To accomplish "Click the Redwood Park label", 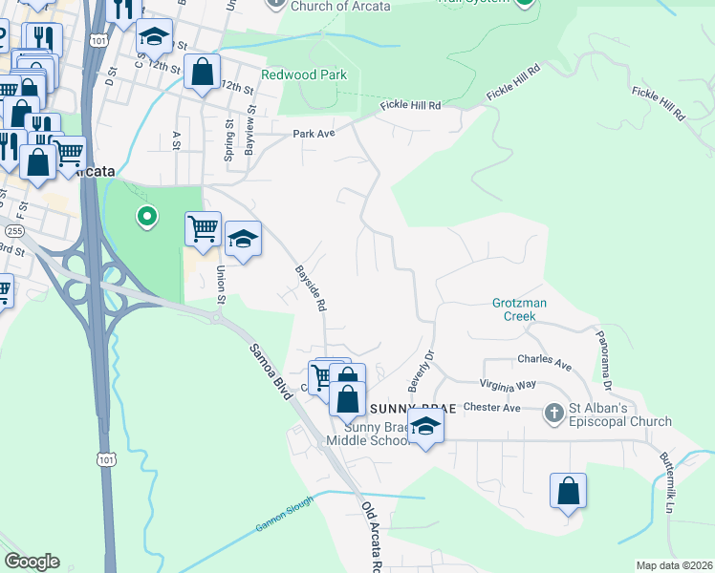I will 304,74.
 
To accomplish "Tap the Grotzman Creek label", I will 519,308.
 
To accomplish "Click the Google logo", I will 32,562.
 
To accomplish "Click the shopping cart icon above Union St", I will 203,229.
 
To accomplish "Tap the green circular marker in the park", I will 146,218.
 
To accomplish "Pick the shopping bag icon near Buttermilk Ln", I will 568,491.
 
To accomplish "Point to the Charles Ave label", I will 544,365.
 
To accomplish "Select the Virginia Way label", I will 509,386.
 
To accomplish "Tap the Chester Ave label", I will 491,408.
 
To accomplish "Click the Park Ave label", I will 314,134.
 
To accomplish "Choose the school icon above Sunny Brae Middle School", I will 426,426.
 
